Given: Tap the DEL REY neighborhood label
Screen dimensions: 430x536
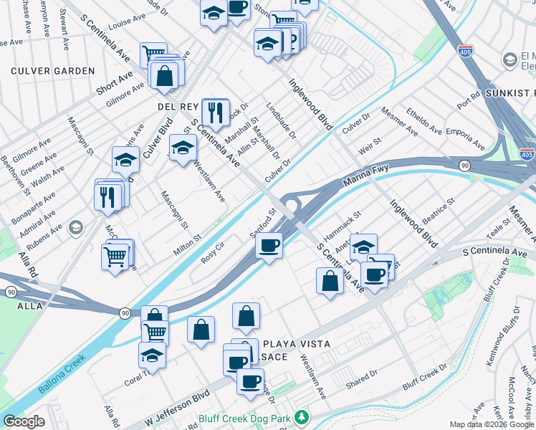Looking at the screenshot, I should coord(178,106).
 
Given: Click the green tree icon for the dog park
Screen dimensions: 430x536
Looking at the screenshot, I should coord(302,416).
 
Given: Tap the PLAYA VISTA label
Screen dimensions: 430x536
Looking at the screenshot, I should coord(297,344).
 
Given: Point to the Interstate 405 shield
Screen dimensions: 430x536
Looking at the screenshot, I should coord(527,153).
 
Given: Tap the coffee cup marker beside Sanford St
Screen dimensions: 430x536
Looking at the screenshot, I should coord(269,246).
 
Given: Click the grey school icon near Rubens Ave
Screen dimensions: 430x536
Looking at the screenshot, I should coord(75,227).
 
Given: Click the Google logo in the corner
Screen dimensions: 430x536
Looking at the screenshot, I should coord(24,421).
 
